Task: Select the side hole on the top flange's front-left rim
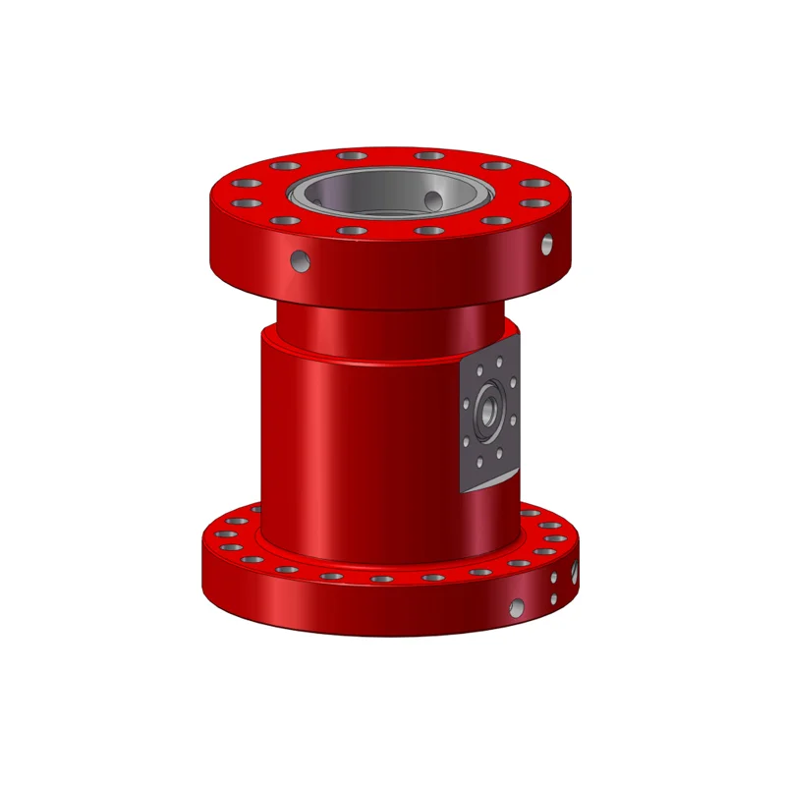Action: [301, 260]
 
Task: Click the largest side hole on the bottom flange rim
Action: [514, 608]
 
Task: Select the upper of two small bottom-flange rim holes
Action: [556, 583]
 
